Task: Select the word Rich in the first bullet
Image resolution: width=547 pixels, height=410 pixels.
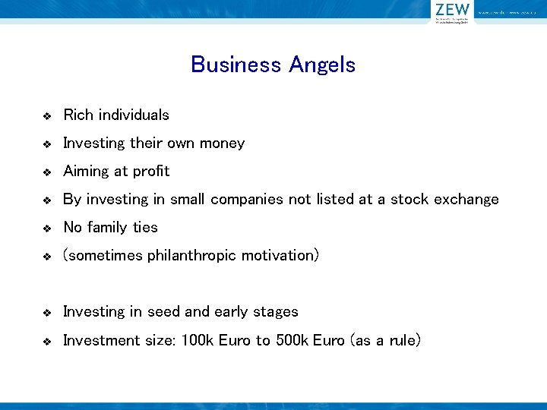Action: [x=77, y=115]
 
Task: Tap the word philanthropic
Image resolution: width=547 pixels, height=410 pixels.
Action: [x=191, y=256]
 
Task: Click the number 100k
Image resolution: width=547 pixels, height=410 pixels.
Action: [x=198, y=340]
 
